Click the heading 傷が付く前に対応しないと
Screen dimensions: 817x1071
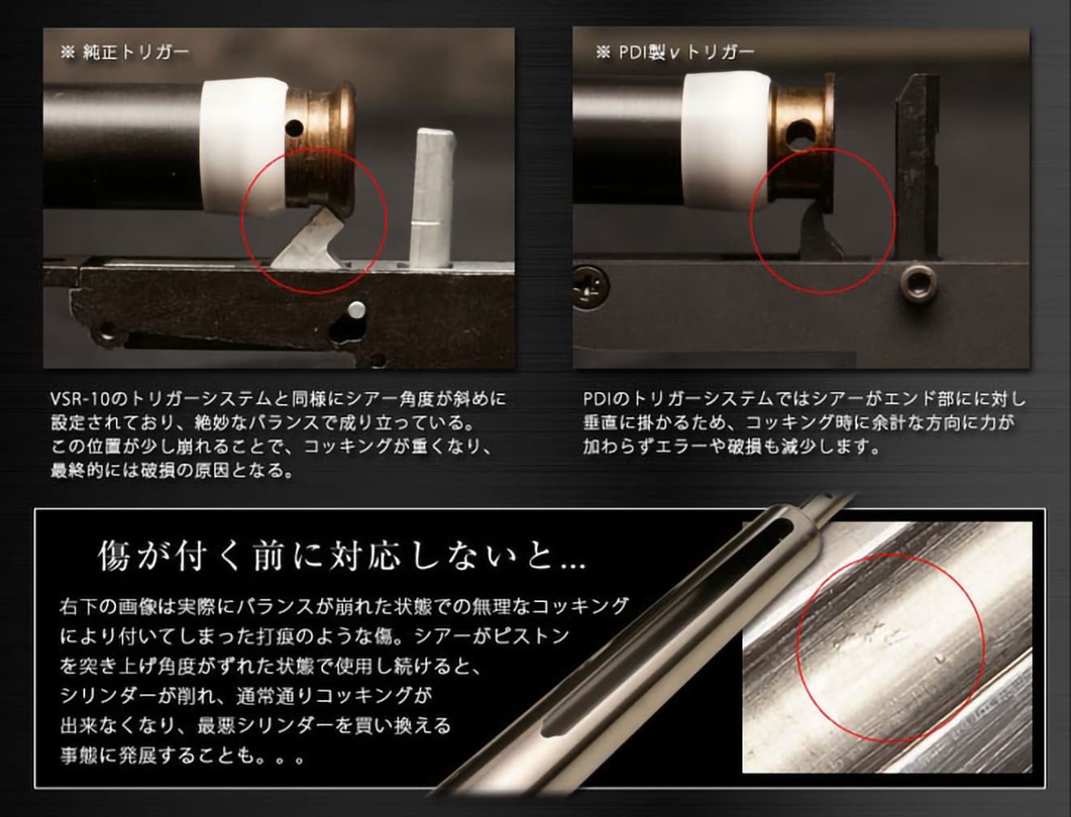[341, 556]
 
